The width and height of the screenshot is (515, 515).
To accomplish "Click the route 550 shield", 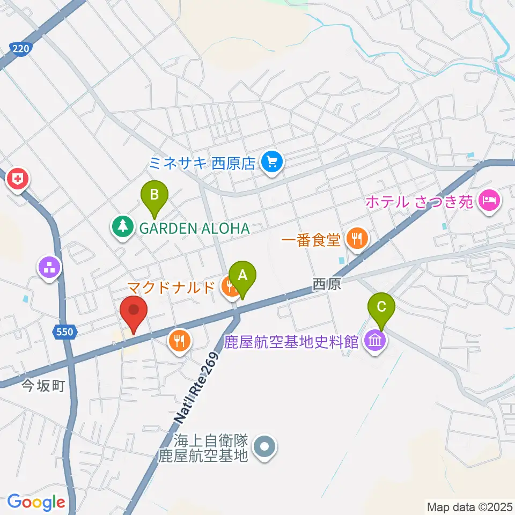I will click(x=64, y=333).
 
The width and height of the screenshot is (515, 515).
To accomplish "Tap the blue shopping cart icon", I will click(x=272, y=161).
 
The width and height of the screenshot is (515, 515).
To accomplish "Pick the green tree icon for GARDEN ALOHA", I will click(x=123, y=227).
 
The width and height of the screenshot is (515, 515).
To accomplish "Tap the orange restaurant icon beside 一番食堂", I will click(x=356, y=238).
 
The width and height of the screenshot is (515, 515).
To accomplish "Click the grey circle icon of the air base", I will click(x=264, y=447).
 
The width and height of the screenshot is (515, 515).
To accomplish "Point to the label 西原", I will click(x=327, y=285).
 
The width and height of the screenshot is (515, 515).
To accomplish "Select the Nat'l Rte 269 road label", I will click(x=196, y=386).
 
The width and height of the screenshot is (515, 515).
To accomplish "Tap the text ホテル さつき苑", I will click(x=420, y=203).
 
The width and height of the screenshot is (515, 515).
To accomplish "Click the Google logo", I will click(x=36, y=503).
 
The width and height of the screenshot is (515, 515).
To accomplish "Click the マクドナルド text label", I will click(x=171, y=287).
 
